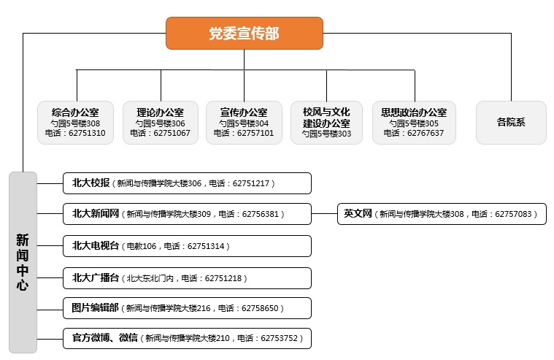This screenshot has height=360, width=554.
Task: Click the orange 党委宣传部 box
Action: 244,33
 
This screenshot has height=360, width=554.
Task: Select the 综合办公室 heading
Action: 75,112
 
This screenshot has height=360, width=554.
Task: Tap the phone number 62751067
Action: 172,133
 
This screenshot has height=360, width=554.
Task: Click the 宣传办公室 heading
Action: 244,112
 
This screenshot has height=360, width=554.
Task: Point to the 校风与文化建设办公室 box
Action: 326,123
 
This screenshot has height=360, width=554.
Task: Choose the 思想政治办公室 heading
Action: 414,112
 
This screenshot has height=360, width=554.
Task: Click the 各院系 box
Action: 511,123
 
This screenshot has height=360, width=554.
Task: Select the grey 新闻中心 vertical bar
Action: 23,262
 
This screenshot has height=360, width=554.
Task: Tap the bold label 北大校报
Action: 91,183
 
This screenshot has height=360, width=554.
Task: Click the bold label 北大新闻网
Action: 96,214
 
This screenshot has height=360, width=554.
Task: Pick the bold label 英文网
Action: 358,214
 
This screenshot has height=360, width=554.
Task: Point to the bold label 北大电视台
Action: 96,246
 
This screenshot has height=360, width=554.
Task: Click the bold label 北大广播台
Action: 96,278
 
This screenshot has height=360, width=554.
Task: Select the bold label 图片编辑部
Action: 95,308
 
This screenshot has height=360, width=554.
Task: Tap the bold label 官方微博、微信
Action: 105,337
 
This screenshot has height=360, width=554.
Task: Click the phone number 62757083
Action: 513,214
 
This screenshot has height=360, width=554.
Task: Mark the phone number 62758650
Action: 260,308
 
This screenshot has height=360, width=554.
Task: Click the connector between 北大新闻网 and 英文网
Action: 324,214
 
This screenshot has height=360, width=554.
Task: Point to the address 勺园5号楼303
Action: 326,134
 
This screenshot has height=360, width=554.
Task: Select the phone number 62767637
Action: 426,133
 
